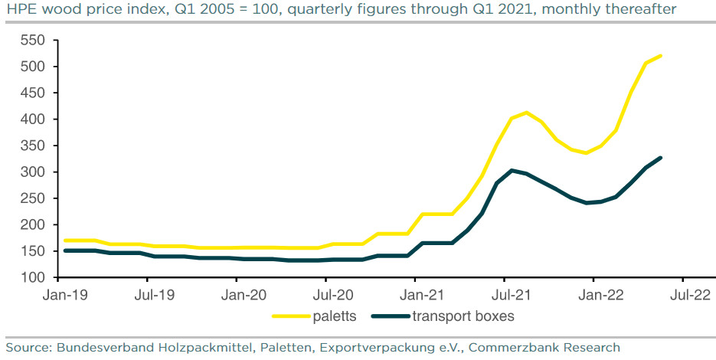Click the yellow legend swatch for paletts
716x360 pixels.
(292, 316)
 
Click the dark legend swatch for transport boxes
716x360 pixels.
(390, 316)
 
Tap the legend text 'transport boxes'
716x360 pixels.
(463, 316)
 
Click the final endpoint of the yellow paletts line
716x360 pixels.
(660, 56)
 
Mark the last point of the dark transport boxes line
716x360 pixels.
(660, 158)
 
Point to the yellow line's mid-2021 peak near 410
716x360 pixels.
(526, 113)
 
